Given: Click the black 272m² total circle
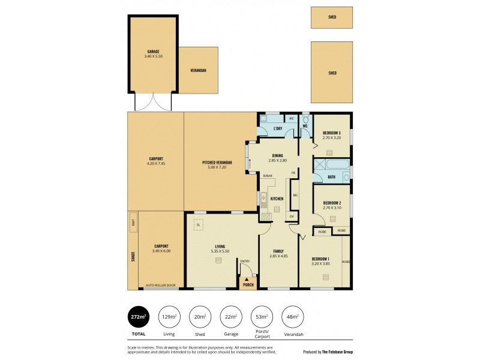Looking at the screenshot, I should click(139, 317).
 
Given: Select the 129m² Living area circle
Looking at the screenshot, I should click(169, 317).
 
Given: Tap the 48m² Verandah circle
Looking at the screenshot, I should click(293, 317).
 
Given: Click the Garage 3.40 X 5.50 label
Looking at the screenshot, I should click(154, 54).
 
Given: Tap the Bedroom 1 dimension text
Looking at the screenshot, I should click(321, 263).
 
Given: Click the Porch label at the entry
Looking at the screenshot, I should click(248, 284).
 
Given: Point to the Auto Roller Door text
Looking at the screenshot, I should click(160, 285).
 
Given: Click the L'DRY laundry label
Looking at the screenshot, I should click(278, 129).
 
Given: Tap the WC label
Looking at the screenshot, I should click(305, 126).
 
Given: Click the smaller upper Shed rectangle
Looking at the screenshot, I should click(331, 17).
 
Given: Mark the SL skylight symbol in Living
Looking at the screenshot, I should click(198, 224).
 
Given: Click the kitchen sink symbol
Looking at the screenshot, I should click(263, 197).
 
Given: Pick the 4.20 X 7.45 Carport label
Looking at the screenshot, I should click(155, 161).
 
